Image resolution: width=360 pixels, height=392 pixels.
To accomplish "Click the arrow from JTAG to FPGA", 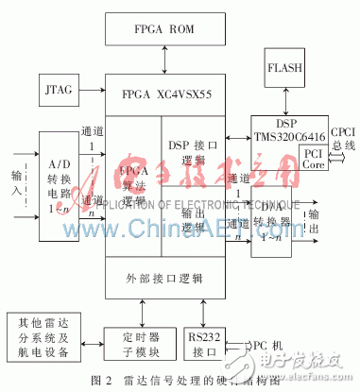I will pos(94,93).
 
